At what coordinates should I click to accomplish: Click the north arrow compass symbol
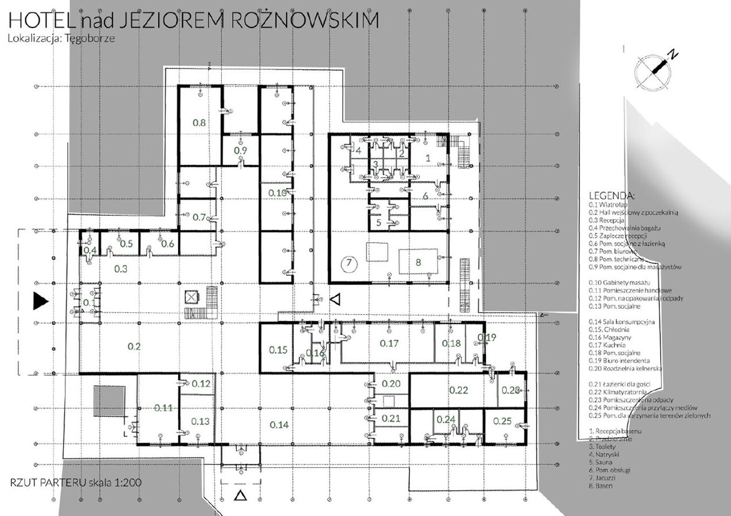coord(654,69)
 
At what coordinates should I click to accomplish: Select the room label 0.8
coord(199,122)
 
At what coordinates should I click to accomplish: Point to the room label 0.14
coord(279,424)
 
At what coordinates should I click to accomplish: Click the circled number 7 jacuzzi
coord(349,264)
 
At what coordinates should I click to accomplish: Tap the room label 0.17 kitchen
coord(389,343)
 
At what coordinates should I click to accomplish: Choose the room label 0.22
coord(459,391)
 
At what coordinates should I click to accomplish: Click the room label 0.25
coord(502,421)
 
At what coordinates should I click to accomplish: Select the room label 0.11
coord(163,408)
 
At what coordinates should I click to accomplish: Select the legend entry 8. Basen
coord(601,486)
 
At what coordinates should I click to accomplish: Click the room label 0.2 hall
coord(135,346)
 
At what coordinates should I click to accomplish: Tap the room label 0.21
coord(390,419)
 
